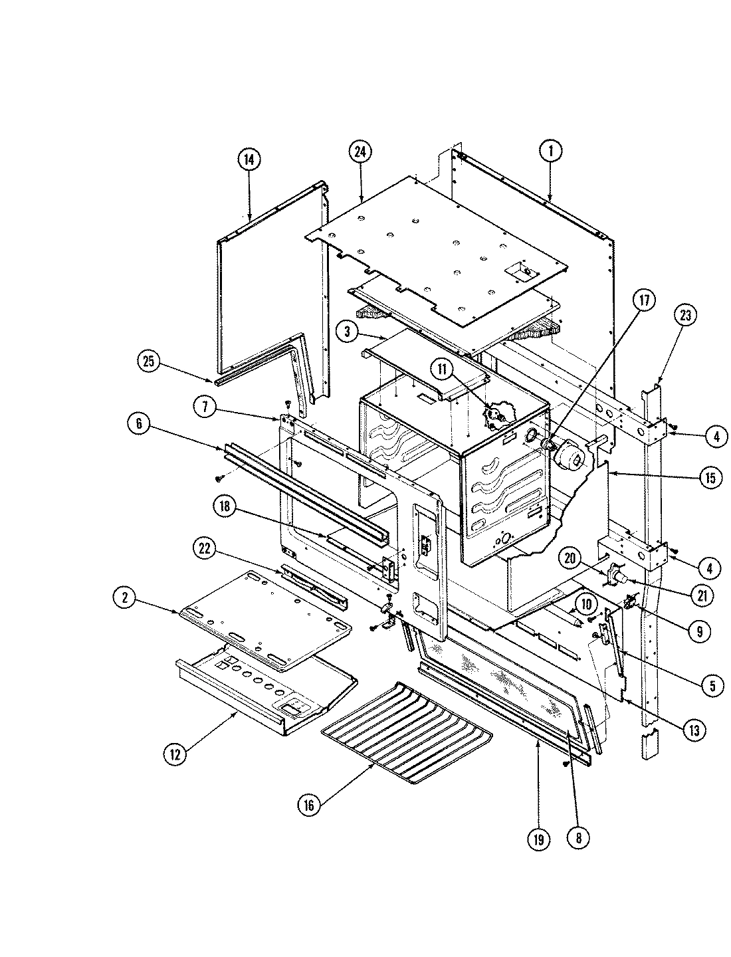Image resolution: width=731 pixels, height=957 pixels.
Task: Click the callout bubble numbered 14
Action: (249, 159)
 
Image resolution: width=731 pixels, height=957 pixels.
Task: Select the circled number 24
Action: (360, 152)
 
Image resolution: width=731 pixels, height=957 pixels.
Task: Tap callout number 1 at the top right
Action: (550, 152)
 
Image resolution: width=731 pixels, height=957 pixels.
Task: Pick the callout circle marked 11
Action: (443, 367)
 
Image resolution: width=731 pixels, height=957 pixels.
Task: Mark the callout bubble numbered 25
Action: (150, 362)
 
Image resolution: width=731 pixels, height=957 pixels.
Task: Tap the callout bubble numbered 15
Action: (710, 478)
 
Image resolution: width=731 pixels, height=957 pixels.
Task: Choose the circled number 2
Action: (123, 598)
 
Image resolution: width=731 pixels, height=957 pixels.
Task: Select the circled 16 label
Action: (309, 804)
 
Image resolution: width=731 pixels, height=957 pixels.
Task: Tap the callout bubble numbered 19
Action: (538, 839)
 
